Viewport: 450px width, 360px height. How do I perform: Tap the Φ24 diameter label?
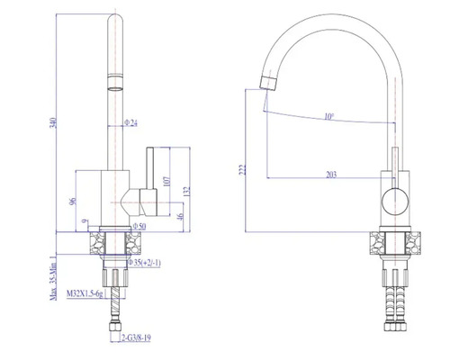[x=131, y=123]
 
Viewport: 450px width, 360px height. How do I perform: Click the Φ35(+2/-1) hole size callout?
[x=144, y=263]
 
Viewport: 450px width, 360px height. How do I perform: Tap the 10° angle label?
[x=329, y=115]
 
